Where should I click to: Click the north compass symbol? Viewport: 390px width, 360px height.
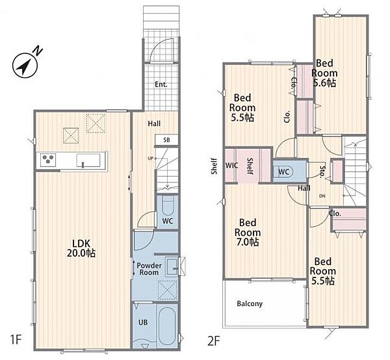click(x=25, y=64)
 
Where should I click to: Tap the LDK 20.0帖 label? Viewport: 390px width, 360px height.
click(x=81, y=248)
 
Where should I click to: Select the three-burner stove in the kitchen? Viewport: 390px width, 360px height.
click(x=48, y=160)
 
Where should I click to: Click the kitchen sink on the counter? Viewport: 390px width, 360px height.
click(x=88, y=160)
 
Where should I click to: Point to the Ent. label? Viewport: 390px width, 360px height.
click(x=161, y=84)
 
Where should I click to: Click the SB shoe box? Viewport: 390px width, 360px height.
click(x=166, y=140)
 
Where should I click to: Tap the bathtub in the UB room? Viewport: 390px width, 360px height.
click(x=167, y=326)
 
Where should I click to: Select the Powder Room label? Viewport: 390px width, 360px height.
click(x=149, y=269)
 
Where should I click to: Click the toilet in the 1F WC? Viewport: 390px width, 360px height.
click(x=168, y=205)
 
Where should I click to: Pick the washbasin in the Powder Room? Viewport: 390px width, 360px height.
click(x=172, y=266)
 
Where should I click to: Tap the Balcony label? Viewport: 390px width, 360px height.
click(x=250, y=303)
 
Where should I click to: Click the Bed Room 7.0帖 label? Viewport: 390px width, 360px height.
click(x=248, y=232)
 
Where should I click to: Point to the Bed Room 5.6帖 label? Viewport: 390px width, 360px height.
click(x=324, y=73)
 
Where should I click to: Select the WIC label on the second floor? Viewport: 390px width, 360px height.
click(x=231, y=165)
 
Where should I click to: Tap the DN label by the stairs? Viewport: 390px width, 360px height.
click(x=322, y=196)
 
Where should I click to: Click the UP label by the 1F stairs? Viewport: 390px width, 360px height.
click(x=150, y=158)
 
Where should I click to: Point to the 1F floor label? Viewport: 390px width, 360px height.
click(x=16, y=340)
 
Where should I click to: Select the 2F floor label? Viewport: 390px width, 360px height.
click(x=214, y=341)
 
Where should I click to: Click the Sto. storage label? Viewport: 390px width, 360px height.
click(x=322, y=172)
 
